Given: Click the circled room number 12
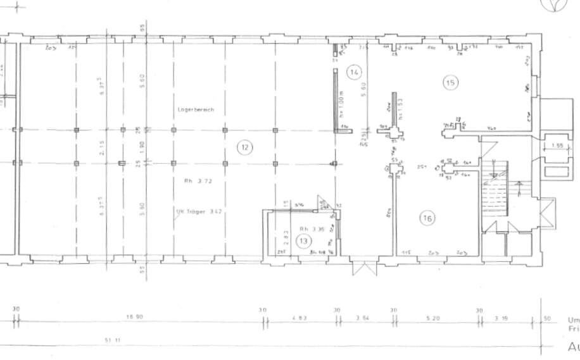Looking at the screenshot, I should pos(244,148).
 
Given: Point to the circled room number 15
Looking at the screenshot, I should pos(451,82).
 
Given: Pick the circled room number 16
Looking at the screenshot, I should pos(427,218).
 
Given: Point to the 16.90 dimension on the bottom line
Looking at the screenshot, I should pos(133,318).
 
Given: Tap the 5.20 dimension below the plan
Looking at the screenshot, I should pos(434,318).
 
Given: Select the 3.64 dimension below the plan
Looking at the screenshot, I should pos(363,318).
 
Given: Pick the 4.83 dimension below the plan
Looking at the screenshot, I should pos(299,318).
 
